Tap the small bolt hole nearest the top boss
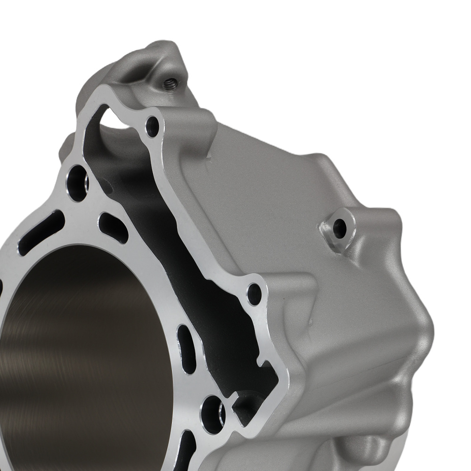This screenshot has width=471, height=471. [x=153, y=125]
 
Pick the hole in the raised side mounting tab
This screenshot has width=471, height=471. [x=339, y=228]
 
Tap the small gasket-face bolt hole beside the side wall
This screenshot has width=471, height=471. [x=254, y=293]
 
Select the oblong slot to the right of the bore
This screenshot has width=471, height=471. [x=187, y=349]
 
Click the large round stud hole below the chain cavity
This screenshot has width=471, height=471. [x=213, y=413]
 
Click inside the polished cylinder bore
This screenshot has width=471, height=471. [x=85, y=358]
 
